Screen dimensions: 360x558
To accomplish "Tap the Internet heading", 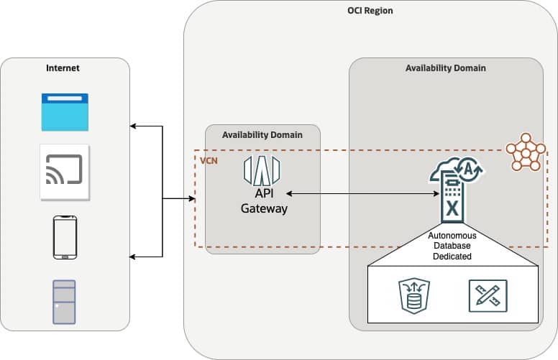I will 63,68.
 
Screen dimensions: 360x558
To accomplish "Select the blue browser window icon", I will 65,112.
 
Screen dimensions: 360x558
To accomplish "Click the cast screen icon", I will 65,172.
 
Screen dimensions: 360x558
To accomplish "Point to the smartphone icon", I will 65,236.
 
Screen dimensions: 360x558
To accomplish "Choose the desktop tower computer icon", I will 65,300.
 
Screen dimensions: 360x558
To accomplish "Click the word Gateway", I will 264,209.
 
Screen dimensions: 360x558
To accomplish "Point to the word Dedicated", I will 452,256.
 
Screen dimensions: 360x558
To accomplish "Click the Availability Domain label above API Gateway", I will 262,134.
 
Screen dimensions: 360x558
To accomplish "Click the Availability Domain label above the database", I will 445,68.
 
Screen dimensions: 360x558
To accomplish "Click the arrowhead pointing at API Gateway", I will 290,193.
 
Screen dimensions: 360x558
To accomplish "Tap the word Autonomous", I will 452,235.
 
